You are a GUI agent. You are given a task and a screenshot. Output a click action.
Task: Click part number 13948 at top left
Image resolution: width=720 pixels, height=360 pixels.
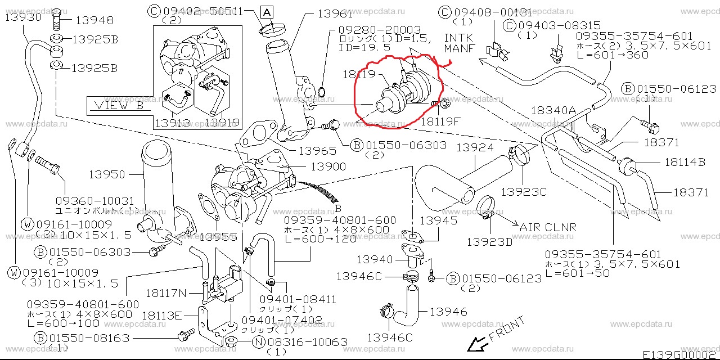coord(94,21)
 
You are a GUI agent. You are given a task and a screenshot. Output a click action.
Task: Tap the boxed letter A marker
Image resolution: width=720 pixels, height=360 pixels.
coord(267,11)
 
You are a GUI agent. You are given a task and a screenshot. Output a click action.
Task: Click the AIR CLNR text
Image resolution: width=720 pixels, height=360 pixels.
coord(548,227)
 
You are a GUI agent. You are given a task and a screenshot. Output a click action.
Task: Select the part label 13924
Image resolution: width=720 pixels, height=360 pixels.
coord(474,148)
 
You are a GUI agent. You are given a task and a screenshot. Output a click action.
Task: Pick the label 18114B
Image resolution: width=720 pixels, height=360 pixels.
coord(685,163)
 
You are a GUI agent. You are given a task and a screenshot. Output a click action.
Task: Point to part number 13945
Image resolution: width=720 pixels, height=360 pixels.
coord(439,220)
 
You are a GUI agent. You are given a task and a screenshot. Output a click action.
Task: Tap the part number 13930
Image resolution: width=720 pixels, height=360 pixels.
coord(23,17)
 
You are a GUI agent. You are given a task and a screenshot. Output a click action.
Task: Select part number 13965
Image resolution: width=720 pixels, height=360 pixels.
coord(317,150)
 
